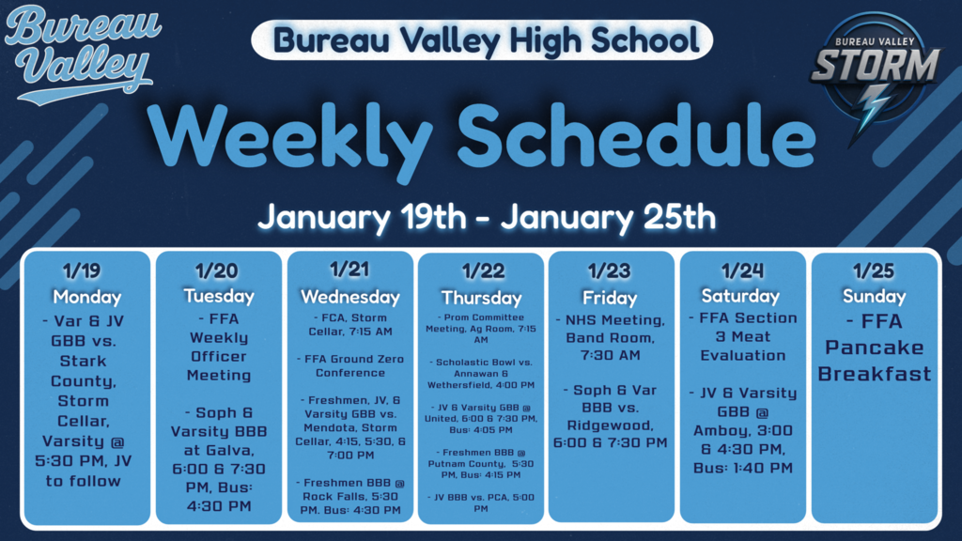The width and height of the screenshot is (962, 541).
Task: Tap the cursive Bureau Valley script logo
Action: (x=79, y=54)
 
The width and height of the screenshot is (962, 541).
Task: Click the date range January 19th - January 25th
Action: (x=487, y=217)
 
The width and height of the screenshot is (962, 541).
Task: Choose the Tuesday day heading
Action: (x=218, y=295)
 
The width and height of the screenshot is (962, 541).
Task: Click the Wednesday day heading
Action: (x=349, y=296)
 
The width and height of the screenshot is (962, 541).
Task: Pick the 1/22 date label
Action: (x=482, y=271)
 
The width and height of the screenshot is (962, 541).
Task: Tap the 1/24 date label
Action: (x=741, y=271)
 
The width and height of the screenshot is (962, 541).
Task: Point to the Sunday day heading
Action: (x=874, y=296)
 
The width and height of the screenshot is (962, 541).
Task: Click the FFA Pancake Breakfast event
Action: (x=874, y=347)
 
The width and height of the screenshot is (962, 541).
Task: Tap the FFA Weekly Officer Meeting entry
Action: (x=218, y=347)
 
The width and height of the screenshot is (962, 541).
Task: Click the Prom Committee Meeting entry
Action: (x=481, y=324)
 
